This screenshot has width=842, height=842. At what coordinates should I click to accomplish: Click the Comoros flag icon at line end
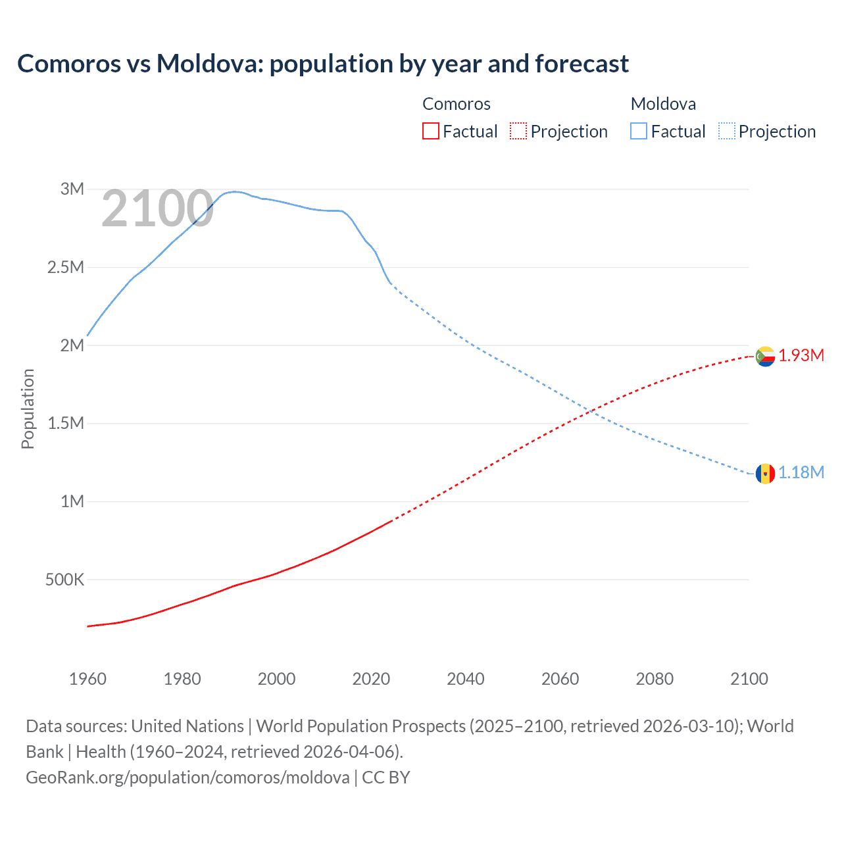(765, 356)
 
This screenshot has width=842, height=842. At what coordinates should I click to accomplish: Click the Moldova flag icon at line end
(765, 473)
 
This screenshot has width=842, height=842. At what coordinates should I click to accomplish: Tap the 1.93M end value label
(801, 356)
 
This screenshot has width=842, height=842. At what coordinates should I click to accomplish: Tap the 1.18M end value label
(801, 473)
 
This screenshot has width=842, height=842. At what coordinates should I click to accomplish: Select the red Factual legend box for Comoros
(430, 132)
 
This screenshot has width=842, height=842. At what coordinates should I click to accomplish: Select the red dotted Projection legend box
(518, 132)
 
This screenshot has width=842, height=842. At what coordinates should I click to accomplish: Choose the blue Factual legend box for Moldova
(639, 132)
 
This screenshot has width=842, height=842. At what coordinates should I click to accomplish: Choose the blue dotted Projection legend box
(726, 132)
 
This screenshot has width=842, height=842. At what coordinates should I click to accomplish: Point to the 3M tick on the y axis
(72, 189)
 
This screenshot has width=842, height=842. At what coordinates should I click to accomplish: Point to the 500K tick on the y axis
(64, 580)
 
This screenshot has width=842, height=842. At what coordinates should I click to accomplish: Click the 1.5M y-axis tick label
(66, 423)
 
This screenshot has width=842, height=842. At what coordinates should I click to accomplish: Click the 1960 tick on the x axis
(87, 679)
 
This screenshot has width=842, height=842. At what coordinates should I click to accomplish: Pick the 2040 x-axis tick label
(466, 679)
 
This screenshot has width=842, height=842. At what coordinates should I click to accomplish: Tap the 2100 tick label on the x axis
(749, 679)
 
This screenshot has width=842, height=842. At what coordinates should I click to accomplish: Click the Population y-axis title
(28, 409)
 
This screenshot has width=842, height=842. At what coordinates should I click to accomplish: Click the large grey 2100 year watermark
(157, 209)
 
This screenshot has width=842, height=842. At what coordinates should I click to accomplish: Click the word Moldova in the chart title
(209, 64)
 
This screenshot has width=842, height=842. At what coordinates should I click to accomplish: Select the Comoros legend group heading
(457, 104)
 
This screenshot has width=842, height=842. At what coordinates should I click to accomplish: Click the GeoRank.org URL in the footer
(187, 778)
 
